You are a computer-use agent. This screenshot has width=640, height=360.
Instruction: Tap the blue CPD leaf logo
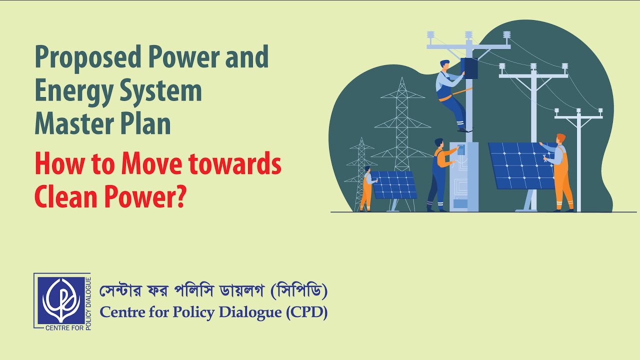click(61, 300)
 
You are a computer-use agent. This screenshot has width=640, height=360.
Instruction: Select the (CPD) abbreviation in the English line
click(306, 312)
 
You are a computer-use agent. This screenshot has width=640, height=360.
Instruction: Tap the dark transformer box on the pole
click(469, 68)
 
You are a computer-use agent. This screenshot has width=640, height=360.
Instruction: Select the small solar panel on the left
click(393, 184)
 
